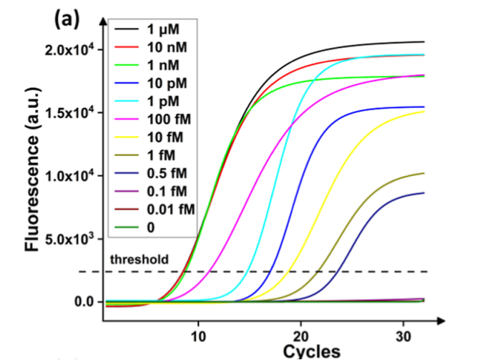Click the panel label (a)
tap(66, 20)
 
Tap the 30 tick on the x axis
tap(403, 335)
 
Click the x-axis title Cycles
tap(312, 351)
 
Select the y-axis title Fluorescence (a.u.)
tap(32, 175)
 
